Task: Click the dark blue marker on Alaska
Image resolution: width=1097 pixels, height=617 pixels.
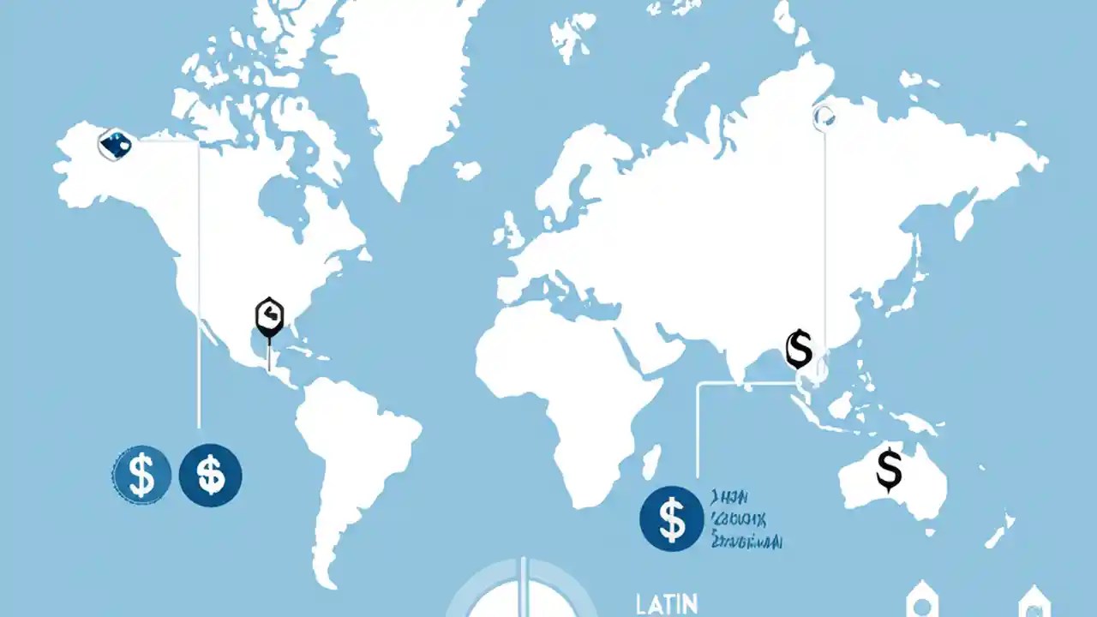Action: [x=115, y=144]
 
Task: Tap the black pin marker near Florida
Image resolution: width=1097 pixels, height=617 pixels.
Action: [x=269, y=316]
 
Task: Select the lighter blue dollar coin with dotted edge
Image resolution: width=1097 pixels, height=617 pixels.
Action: [x=141, y=474]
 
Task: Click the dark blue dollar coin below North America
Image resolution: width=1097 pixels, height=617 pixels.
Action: [x=211, y=474]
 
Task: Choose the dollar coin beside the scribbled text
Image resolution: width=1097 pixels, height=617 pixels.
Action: [x=672, y=518]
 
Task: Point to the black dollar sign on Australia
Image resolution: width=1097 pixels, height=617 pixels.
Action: [x=890, y=469]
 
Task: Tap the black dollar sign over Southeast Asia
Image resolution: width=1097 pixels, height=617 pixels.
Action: [x=798, y=348]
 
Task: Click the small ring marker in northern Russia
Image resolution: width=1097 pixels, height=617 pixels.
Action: [x=824, y=117]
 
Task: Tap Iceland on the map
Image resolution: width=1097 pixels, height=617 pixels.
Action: [x=467, y=171]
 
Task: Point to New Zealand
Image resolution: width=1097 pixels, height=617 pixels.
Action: [x=998, y=531]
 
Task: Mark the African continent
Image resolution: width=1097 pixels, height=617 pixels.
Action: [x=566, y=386]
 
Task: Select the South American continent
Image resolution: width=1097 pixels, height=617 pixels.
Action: [x=351, y=463]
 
